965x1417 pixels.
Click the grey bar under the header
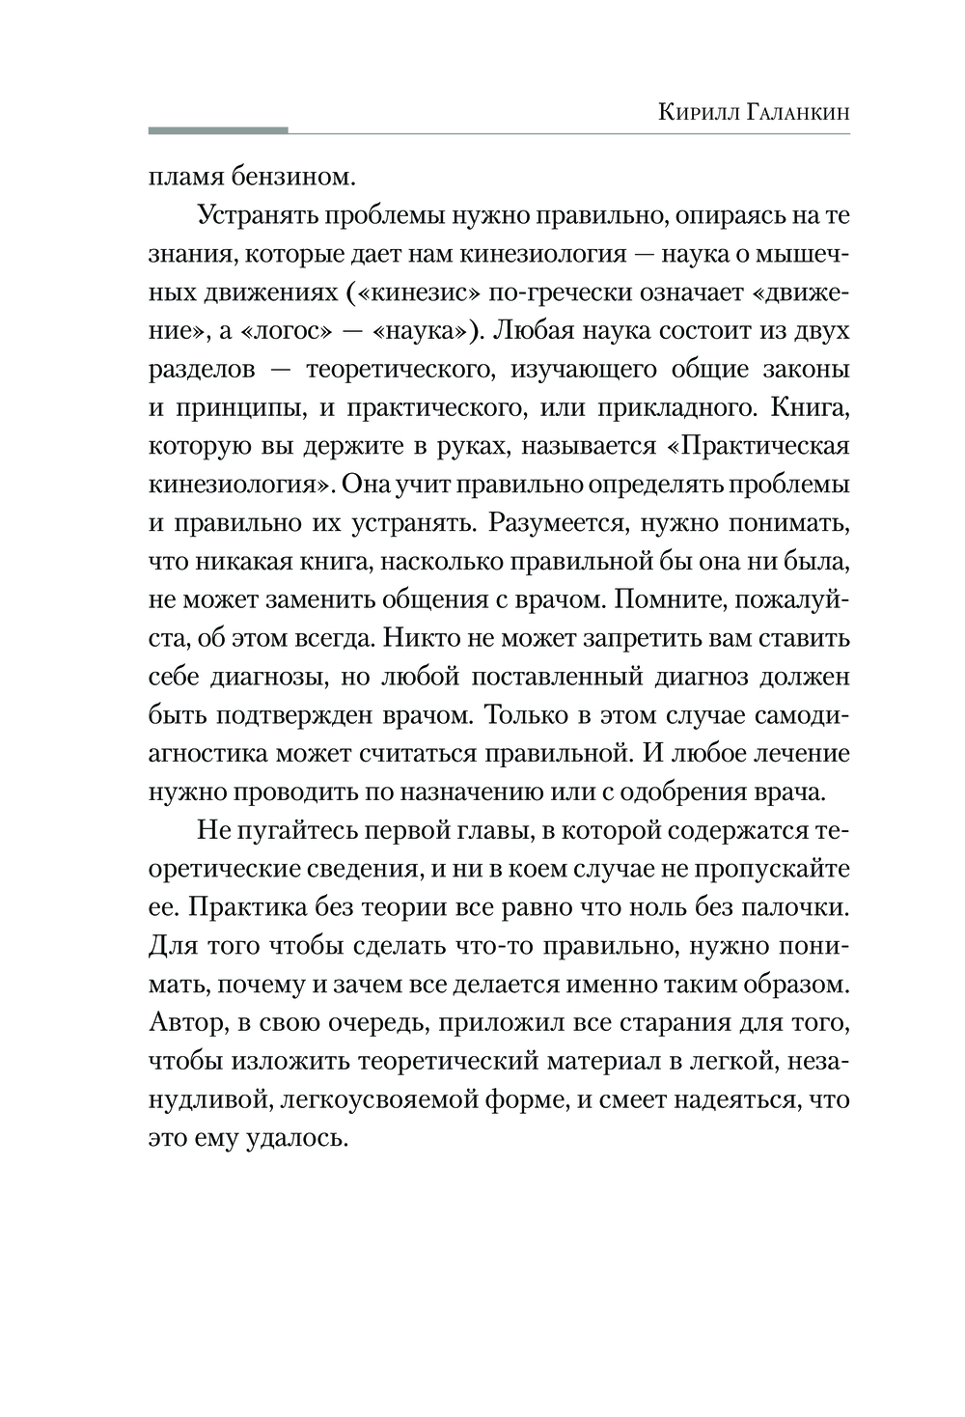tap(218, 129)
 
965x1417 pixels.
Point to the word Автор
tap(184, 1022)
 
